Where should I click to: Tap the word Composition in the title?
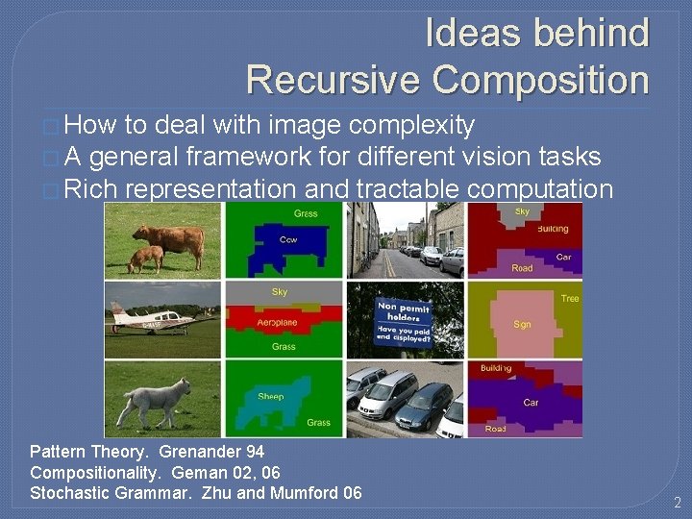[x=541, y=79]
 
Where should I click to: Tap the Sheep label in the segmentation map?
[x=271, y=396]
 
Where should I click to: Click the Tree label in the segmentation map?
[x=570, y=299]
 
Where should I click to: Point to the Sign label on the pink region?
[x=522, y=325]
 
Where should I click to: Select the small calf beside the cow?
[x=145, y=258]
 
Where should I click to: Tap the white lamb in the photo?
[x=156, y=395]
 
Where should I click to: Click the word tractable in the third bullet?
[x=408, y=189]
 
